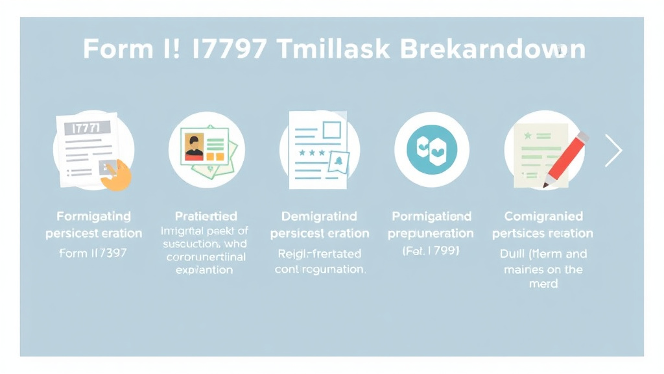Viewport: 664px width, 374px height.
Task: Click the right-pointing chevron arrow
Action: [613, 151]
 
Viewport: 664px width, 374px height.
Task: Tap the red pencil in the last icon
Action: [565, 159]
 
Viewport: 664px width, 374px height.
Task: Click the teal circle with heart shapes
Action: [431, 149]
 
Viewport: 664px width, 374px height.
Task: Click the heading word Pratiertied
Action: [206, 216]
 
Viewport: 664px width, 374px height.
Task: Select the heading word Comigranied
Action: [543, 216]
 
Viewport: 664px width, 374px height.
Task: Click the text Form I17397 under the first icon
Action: [93, 253]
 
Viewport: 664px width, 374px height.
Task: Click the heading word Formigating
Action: [93, 216]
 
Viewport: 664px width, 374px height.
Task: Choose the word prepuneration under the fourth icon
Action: [431, 233]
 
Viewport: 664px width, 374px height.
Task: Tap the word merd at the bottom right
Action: [543, 284]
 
